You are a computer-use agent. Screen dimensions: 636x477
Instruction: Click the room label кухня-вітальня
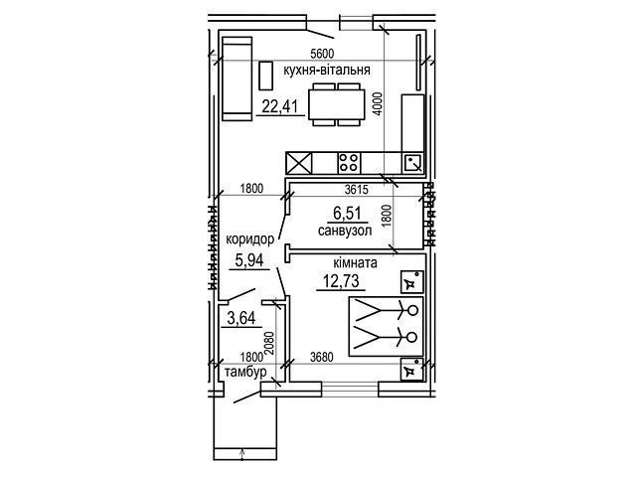coord(327,71)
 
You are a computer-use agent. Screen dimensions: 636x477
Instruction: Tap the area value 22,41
coord(280,106)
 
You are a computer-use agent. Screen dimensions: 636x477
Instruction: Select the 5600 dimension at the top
coord(321,54)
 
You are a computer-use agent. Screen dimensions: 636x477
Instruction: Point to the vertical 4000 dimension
coord(378,104)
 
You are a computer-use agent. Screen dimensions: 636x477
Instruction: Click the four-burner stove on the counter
coord(349,162)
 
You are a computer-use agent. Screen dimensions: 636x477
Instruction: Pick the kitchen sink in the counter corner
coord(413,163)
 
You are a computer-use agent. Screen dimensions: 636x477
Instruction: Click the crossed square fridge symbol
coord(299,163)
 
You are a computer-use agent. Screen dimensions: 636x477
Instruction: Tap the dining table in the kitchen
coord(336,104)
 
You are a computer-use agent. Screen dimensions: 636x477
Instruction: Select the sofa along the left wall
coord(238,79)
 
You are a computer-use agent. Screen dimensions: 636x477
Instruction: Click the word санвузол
coord(345,232)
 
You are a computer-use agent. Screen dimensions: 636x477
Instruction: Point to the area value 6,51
coord(347,214)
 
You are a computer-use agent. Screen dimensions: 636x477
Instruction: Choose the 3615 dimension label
coord(356,189)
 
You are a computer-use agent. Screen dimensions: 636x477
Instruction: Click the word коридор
coord(249,238)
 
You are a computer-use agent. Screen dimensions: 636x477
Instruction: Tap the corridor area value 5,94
coord(249,259)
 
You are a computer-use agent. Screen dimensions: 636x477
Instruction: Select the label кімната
coord(356,262)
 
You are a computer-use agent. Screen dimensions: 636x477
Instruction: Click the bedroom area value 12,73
coord(341,280)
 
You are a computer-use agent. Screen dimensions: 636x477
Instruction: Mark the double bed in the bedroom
coord(387,327)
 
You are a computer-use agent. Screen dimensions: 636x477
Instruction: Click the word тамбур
coord(245,372)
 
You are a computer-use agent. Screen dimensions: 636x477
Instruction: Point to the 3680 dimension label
coord(322,357)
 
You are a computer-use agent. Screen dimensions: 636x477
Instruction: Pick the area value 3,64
coord(241,318)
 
